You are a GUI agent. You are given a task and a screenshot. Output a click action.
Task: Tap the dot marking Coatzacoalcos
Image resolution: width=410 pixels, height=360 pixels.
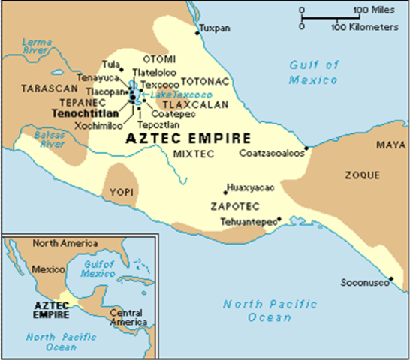(x=306, y=148)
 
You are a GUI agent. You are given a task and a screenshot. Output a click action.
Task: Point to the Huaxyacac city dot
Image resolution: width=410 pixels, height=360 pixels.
(x=225, y=192)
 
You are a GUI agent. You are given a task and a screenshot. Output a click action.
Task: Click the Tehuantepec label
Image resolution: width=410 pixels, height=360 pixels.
(x=248, y=222)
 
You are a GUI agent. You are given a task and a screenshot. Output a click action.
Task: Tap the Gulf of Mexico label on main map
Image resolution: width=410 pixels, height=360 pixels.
(x=315, y=71)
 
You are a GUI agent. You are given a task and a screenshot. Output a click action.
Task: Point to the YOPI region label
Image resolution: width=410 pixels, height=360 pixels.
(x=121, y=192)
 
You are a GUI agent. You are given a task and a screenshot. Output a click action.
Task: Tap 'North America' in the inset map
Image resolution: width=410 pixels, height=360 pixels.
(x=65, y=244)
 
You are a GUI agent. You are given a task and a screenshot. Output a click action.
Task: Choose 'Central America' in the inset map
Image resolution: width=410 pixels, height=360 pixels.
(x=125, y=317)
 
